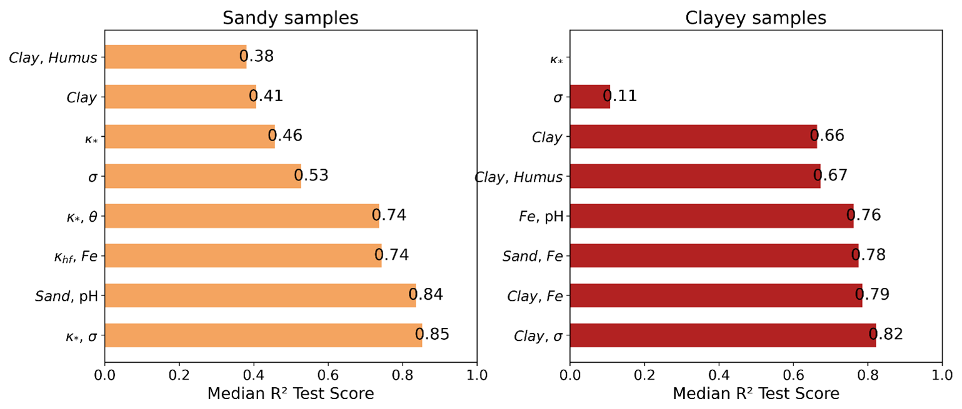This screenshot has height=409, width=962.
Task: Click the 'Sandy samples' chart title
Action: pyautogui.click(x=291, y=17)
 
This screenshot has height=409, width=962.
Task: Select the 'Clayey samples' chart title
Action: pyautogui.click(x=756, y=17)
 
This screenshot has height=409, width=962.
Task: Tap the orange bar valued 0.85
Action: pyautogui.click(x=263, y=335)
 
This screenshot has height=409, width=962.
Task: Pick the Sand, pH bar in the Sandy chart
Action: pyautogui.click(x=260, y=295)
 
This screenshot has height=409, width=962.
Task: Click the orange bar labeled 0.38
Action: pyautogui.click(x=176, y=57)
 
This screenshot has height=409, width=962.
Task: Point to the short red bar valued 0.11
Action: pyautogui.click(x=590, y=96)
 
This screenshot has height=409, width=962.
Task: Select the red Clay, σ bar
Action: pyautogui.click(x=723, y=335)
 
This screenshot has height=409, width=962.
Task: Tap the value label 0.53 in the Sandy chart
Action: pyautogui.click(x=311, y=175)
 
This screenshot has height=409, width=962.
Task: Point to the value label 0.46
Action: pyautogui.click(x=285, y=136)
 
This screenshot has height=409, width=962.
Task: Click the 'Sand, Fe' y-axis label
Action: pyautogui.click(x=533, y=255)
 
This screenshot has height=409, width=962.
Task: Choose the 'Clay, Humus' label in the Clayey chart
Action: pyautogui.click(x=519, y=177)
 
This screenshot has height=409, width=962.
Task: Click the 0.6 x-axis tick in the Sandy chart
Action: pyautogui.click(x=328, y=376)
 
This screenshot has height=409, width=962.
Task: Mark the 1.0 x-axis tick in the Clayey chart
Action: pyautogui.click(x=942, y=376)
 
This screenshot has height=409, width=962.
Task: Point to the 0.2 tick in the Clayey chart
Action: pyautogui.click(x=644, y=376)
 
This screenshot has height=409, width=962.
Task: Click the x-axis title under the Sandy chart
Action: pyautogui.click(x=291, y=394)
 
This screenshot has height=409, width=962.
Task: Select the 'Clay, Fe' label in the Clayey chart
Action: pyautogui.click(x=534, y=295)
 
